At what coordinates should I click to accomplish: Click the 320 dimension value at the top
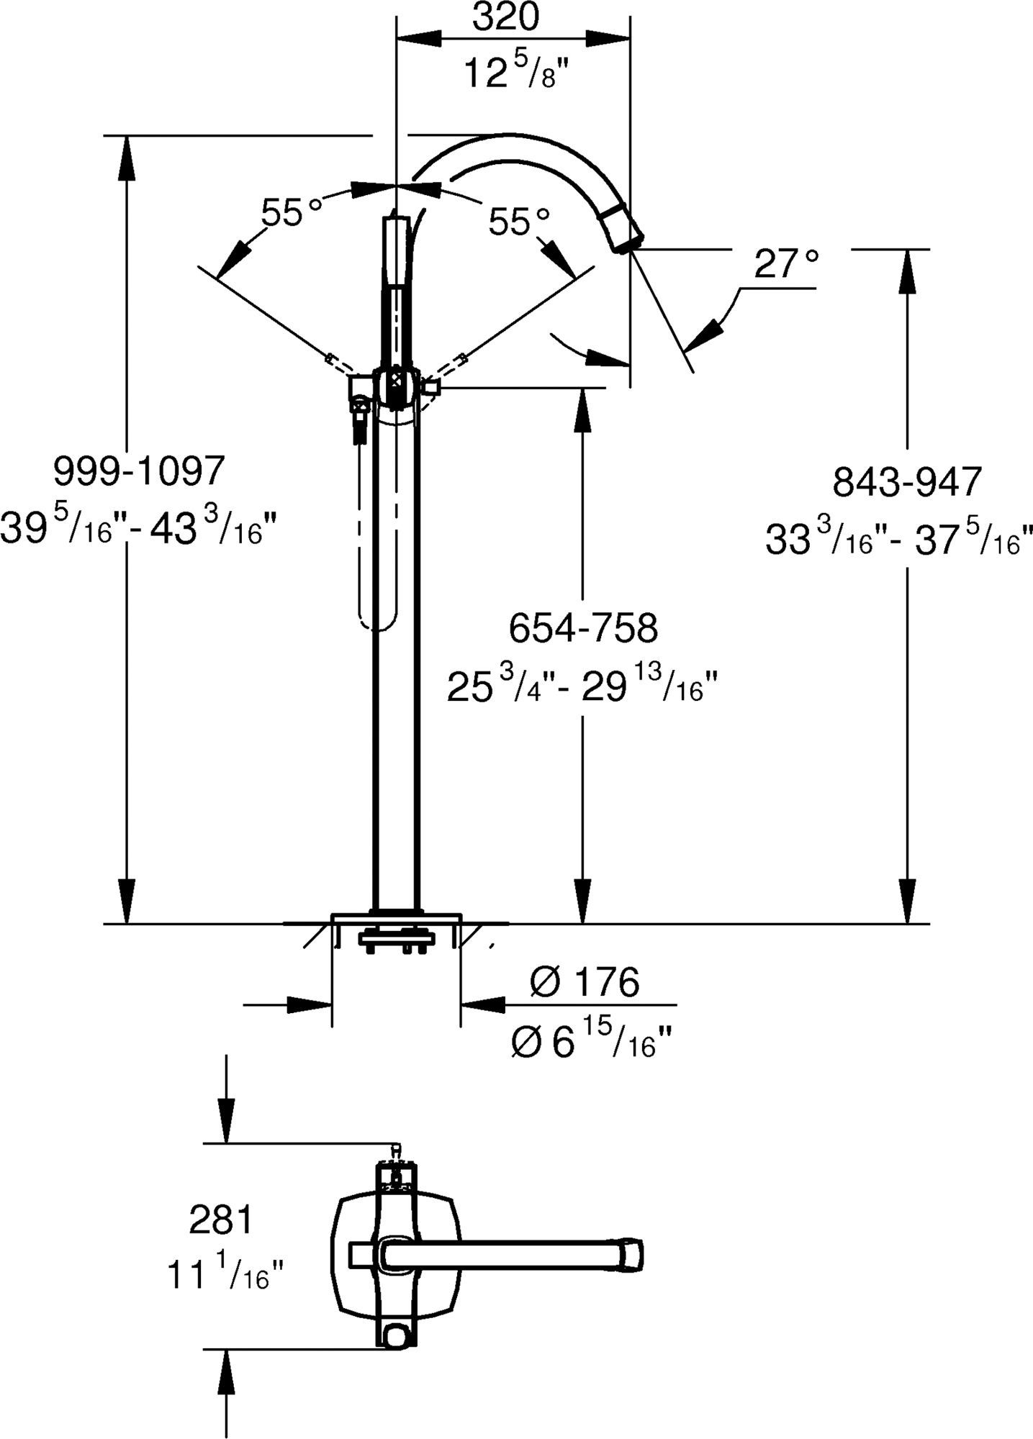pyautogui.click(x=505, y=17)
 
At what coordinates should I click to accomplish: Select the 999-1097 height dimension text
pyautogui.click(x=140, y=471)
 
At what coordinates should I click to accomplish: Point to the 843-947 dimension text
pyautogui.click(x=907, y=481)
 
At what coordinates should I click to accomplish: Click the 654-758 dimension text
pyautogui.click(x=583, y=627)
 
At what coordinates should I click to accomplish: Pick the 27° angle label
pyautogui.click(x=787, y=265)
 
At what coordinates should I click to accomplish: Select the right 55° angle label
pyautogui.click(x=519, y=222)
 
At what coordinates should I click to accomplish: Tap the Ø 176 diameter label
pyautogui.click(x=584, y=981)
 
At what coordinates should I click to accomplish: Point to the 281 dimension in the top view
pyautogui.click(x=221, y=1220)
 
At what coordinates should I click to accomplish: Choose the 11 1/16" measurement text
pyautogui.click(x=226, y=1274)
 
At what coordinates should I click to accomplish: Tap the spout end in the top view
pyautogui.click(x=631, y=1254)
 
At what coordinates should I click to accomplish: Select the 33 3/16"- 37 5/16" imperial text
pyautogui.click(x=899, y=538)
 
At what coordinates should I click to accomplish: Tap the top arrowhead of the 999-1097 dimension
pyautogui.click(x=127, y=154)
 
